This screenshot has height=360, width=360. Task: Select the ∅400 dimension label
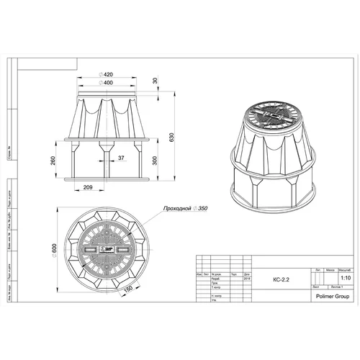[108, 83]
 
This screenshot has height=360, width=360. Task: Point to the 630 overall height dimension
[171, 138]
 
